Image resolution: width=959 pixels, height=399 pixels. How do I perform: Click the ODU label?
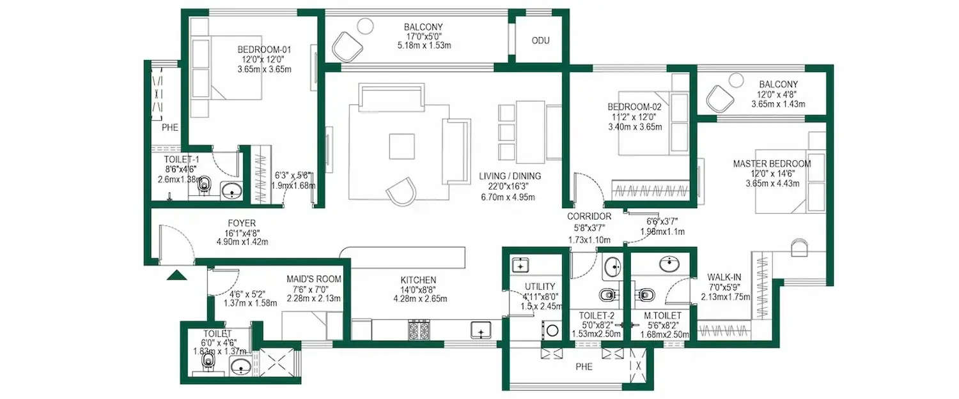(x=540, y=41)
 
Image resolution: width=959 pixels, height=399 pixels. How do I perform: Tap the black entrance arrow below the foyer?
(x=176, y=275)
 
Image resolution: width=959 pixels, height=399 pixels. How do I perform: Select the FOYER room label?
(x=242, y=223)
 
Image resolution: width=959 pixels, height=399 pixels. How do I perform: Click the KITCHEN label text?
(x=418, y=280)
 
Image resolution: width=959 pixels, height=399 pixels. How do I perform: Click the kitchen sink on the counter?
(x=480, y=330)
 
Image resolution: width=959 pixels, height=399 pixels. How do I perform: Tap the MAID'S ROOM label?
(x=313, y=279)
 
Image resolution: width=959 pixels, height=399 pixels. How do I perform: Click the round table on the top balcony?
(x=364, y=26)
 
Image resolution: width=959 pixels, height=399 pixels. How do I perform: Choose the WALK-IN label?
(x=724, y=277)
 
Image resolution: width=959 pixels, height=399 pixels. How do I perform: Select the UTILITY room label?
(x=540, y=287)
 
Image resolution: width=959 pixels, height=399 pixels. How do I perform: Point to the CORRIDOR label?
(x=589, y=216)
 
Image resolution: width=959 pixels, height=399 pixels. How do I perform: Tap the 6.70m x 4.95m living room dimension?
(x=509, y=197)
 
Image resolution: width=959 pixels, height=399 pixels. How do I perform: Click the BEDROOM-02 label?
(x=634, y=107)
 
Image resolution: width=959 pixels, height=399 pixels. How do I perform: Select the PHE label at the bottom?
(x=584, y=367)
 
